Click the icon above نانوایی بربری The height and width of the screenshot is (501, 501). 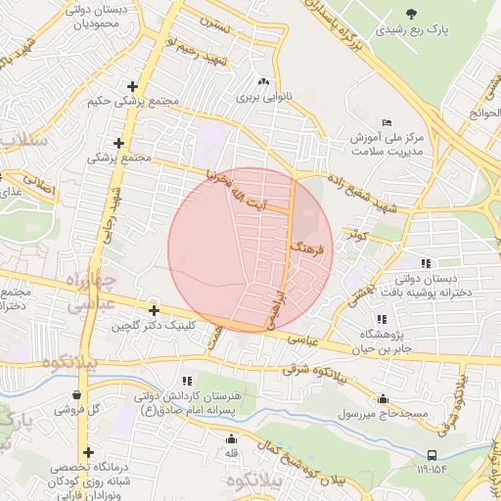tap(262, 82)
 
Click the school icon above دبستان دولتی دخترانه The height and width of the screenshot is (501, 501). tap(426, 263)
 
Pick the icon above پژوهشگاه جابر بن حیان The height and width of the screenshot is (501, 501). tap(381, 319)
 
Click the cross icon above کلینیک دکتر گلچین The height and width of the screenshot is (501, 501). tap(154, 310)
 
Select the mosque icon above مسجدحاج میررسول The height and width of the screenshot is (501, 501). tap(383, 398)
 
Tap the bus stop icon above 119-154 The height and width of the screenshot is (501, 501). tap(432, 455)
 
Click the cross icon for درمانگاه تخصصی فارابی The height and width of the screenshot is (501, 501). tap(89, 452)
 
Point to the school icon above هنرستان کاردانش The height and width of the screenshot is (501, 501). tap(187, 381)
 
